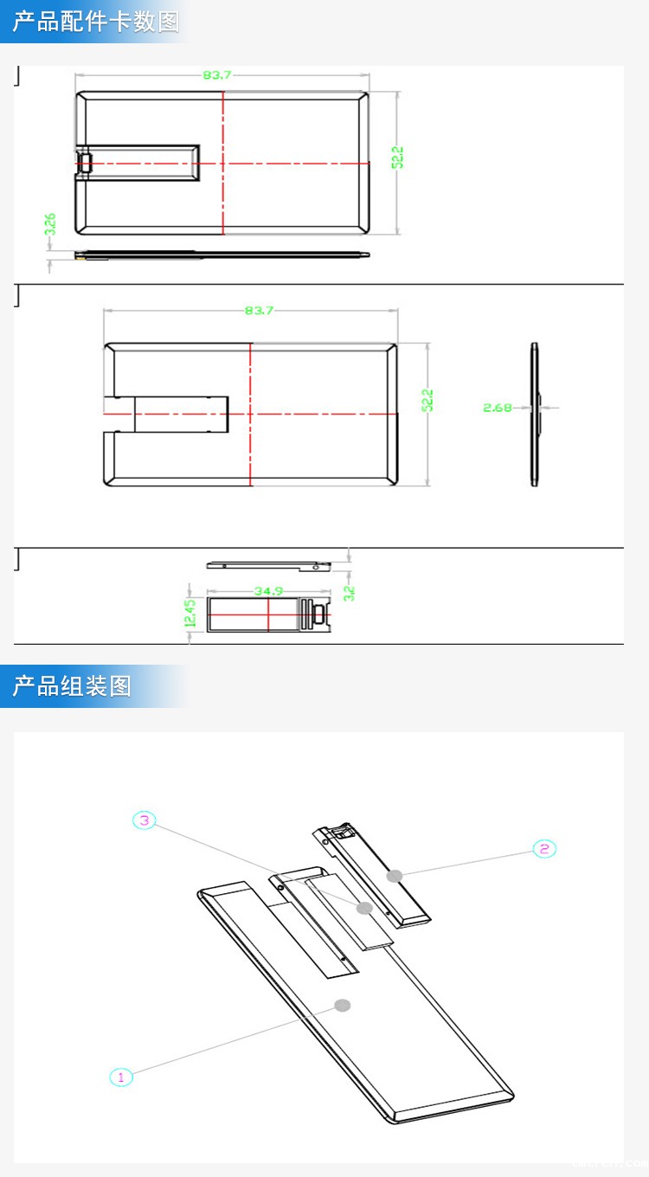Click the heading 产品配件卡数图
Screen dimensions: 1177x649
point(95,22)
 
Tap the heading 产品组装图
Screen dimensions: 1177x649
point(72,686)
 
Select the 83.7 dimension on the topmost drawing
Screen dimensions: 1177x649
point(217,75)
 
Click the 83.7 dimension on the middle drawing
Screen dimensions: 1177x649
point(259,311)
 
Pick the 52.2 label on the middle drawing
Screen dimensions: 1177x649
point(427,401)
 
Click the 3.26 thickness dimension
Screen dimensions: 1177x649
point(50,224)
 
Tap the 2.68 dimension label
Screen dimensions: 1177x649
point(498,407)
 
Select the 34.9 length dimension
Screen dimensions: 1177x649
point(268,591)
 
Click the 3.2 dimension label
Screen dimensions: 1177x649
point(349,593)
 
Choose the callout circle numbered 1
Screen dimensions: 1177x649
point(121,1077)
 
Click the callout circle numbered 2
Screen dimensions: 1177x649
point(543,848)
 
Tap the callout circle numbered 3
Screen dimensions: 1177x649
point(145,820)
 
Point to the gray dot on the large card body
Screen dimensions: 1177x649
point(343,1005)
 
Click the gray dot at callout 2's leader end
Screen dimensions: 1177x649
point(395,875)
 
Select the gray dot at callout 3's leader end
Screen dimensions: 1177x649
point(364,908)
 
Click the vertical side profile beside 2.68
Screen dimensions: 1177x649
point(534,415)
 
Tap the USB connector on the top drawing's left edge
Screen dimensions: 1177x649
point(85,163)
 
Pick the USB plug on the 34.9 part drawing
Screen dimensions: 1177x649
point(318,614)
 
